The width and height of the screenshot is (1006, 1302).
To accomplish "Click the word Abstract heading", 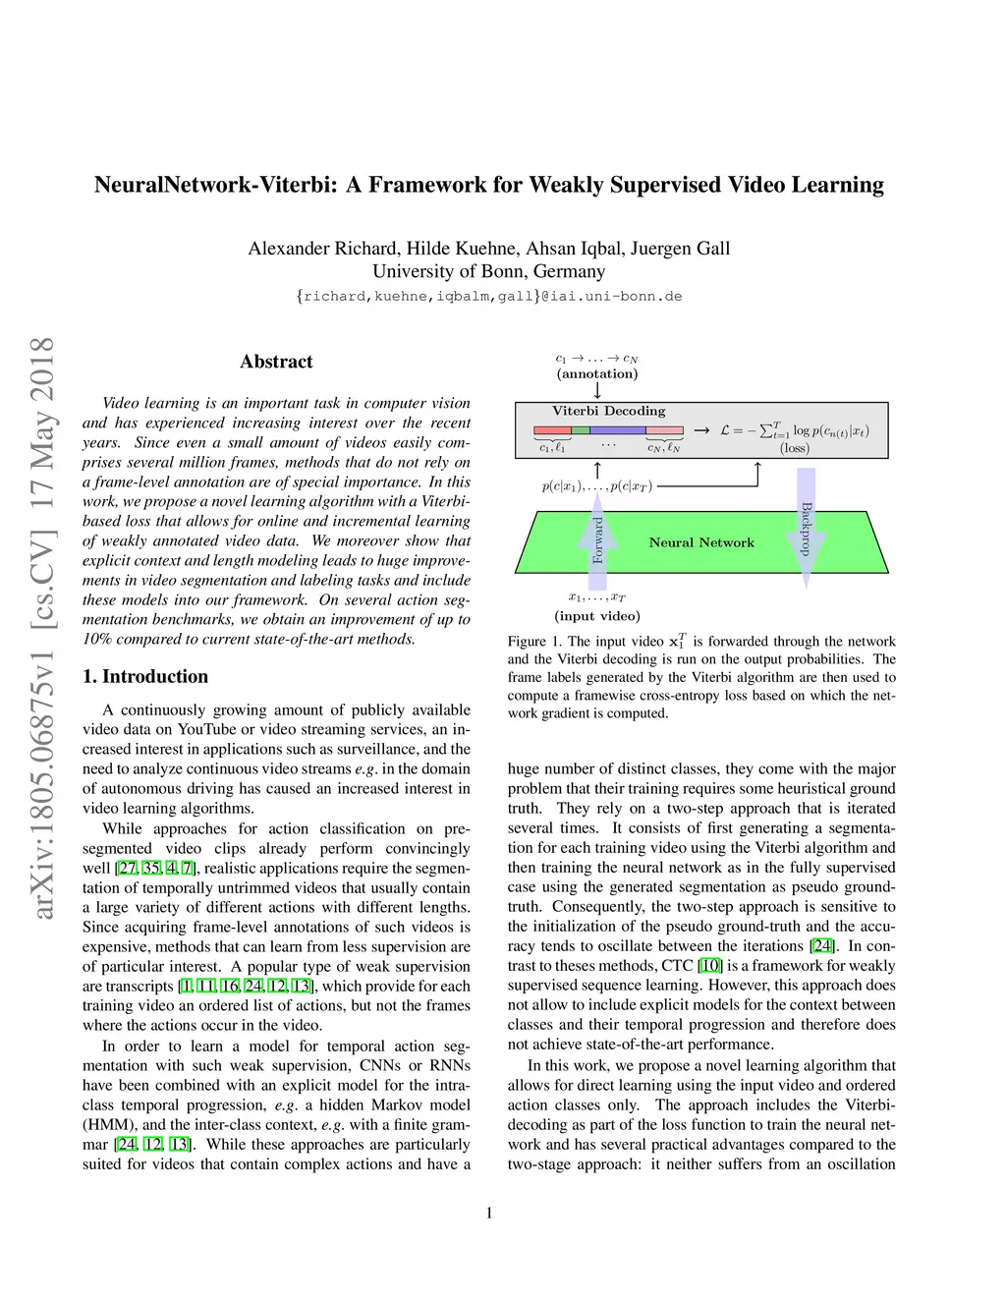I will (x=276, y=362).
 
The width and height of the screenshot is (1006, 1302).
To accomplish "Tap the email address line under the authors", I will (x=488, y=296).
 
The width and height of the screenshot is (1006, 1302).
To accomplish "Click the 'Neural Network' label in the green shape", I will (x=701, y=542).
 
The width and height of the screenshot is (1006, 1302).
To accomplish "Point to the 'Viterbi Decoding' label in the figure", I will (x=608, y=411).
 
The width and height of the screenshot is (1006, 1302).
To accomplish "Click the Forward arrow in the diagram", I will (x=597, y=539).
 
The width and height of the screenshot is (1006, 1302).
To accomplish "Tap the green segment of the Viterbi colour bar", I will (x=581, y=430).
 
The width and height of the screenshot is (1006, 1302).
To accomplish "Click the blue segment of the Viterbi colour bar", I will (x=618, y=430).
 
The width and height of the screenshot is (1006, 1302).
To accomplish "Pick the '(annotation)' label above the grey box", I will (x=597, y=373).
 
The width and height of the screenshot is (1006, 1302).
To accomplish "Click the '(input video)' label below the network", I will (x=597, y=616).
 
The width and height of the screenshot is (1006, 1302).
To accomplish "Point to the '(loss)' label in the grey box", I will (x=795, y=448).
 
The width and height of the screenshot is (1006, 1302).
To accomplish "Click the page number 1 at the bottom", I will (x=489, y=1213).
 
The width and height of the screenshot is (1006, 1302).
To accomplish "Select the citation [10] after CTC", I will (x=709, y=966).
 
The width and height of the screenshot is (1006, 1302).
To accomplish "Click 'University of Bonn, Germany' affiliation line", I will (x=488, y=271).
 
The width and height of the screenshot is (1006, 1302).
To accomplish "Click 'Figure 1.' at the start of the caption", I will (x=533, y=642).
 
